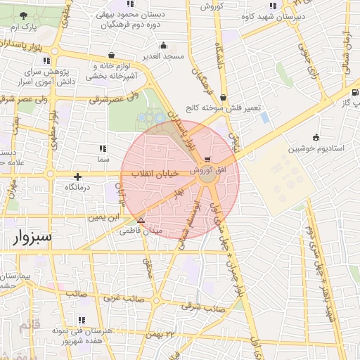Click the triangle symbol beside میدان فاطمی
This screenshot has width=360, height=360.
tap(141, 220)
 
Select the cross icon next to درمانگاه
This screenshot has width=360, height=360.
tap(78, 176)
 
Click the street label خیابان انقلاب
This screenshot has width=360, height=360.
tap(153, 174)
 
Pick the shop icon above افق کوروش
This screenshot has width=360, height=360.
tap(206, 160)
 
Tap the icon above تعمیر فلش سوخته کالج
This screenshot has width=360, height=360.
tap(223, 98)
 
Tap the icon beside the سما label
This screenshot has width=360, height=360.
tap(103, 148)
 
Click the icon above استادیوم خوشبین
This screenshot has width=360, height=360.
tap(316, 137)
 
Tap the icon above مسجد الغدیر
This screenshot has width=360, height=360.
tap(163, 45)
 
